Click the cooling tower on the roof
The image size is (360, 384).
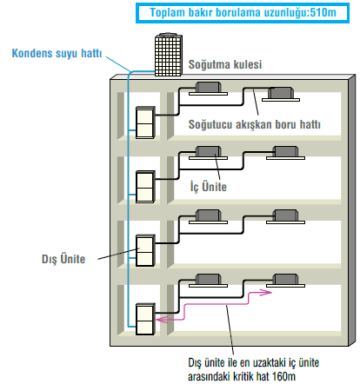pyautogui.click(x=169, y=55)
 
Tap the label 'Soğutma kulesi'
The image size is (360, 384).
pyautogui.click(x=225, y=64)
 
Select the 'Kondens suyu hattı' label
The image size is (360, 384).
pyautogui.click(x=57, y=53)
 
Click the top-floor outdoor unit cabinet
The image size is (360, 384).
pyautogui.click(x=145, y=122)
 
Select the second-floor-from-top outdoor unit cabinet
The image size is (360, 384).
pyautogui.click(x=145, y=187)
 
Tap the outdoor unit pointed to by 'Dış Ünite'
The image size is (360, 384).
pyautogui.click(x=145, y=250)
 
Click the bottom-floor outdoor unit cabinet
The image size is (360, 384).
pyautogui.click(x=145, y=319)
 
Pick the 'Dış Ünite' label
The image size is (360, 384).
pyautogui.click(x=63, y=259)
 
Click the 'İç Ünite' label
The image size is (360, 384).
pyautogui.click(x=209, y=187)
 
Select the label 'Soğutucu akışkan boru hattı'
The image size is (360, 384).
pyautogui.click(x=255, y=124)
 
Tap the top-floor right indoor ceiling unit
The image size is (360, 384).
pyautogui.click(x=281, y=95)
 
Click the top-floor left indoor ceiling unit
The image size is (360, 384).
pyautogui.click(x=208, y=89)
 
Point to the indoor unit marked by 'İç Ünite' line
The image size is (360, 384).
pyautogui.click(x=208, y=153)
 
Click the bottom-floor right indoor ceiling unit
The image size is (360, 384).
pyautogui.click(x=286, y=281)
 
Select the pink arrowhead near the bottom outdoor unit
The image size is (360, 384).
pyautogui.click(x=162, y=320)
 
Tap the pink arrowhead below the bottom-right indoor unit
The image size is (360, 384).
pyautogui.click(x=266, y=293)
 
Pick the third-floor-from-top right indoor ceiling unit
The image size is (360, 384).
pyautogui.click(x=286, y=216)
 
